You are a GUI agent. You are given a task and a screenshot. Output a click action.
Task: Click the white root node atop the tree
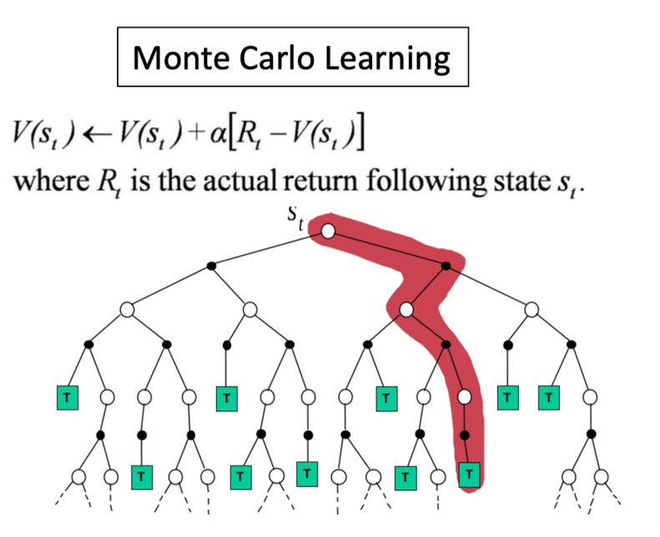(x=328, y=230)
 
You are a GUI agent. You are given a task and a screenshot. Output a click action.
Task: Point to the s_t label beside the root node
(x=296, y=218)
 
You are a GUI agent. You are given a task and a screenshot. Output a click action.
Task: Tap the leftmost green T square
(x=66, y=398)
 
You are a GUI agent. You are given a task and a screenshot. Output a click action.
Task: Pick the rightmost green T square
(x=548, y=398)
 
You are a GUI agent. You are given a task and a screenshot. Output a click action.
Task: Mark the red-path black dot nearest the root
(x=446, y=266)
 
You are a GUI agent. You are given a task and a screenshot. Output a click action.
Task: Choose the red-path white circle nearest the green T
(x=466, y=398)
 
